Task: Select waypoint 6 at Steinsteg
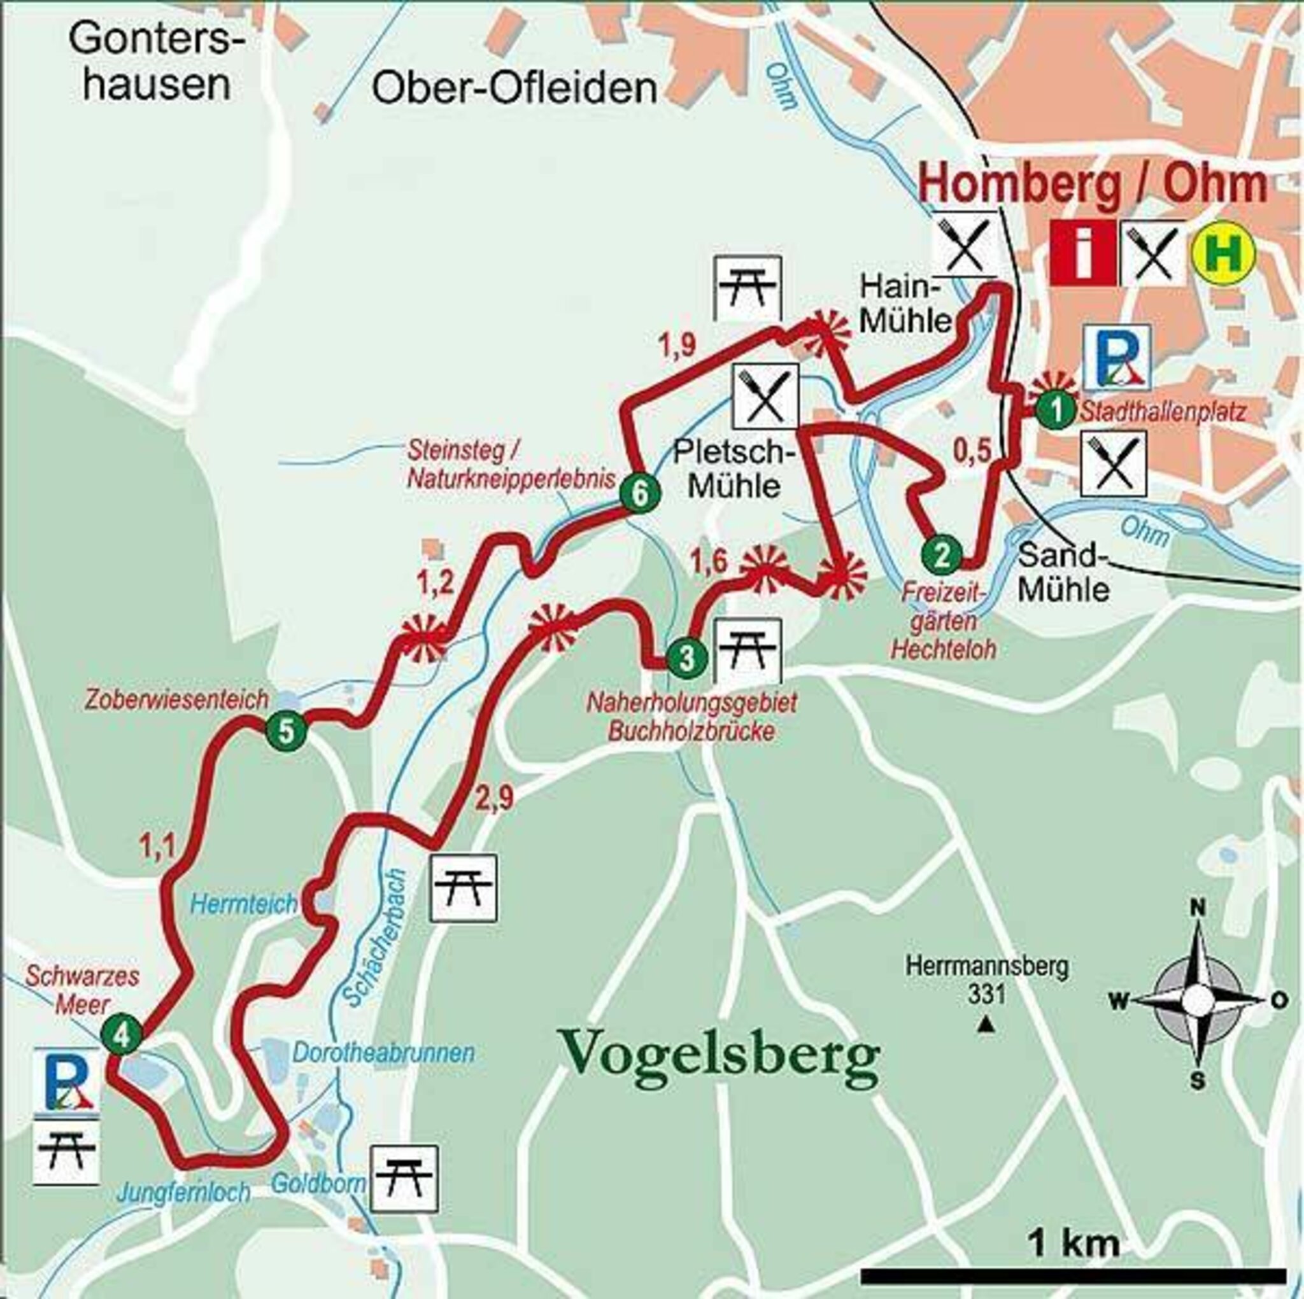(638, 495)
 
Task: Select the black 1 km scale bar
(1073, 1275)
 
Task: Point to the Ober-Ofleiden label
(514, 88)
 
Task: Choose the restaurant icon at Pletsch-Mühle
(765, 396)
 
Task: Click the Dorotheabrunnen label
(383, 1053)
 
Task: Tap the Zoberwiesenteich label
(177, 699)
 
